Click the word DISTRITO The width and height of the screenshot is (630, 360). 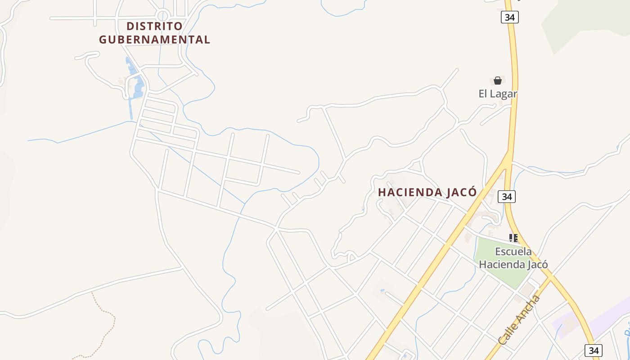pyautogui.click(x=154, y=26)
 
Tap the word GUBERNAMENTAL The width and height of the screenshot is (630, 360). pyautogui.click(x=154, y=40)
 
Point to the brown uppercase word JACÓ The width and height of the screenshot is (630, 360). pyautogui.click(x=461, y=192)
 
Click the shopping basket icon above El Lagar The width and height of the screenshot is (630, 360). pyautogui.click(x=498, y=81)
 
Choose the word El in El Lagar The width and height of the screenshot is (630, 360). pyautogui.click(x=483, y=94)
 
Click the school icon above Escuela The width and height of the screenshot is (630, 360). pyautogui.click(x=513, y=238)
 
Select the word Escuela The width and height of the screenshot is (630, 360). pyautogui.click(x=513, y=252)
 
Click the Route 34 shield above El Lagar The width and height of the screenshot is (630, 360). pyautogui.click(x=509, y=17)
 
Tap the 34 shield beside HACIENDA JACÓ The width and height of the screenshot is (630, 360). pyautogui.click(x=507, y=197)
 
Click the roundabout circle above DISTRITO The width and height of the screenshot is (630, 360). pyautogui.click(x=162, y=16)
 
